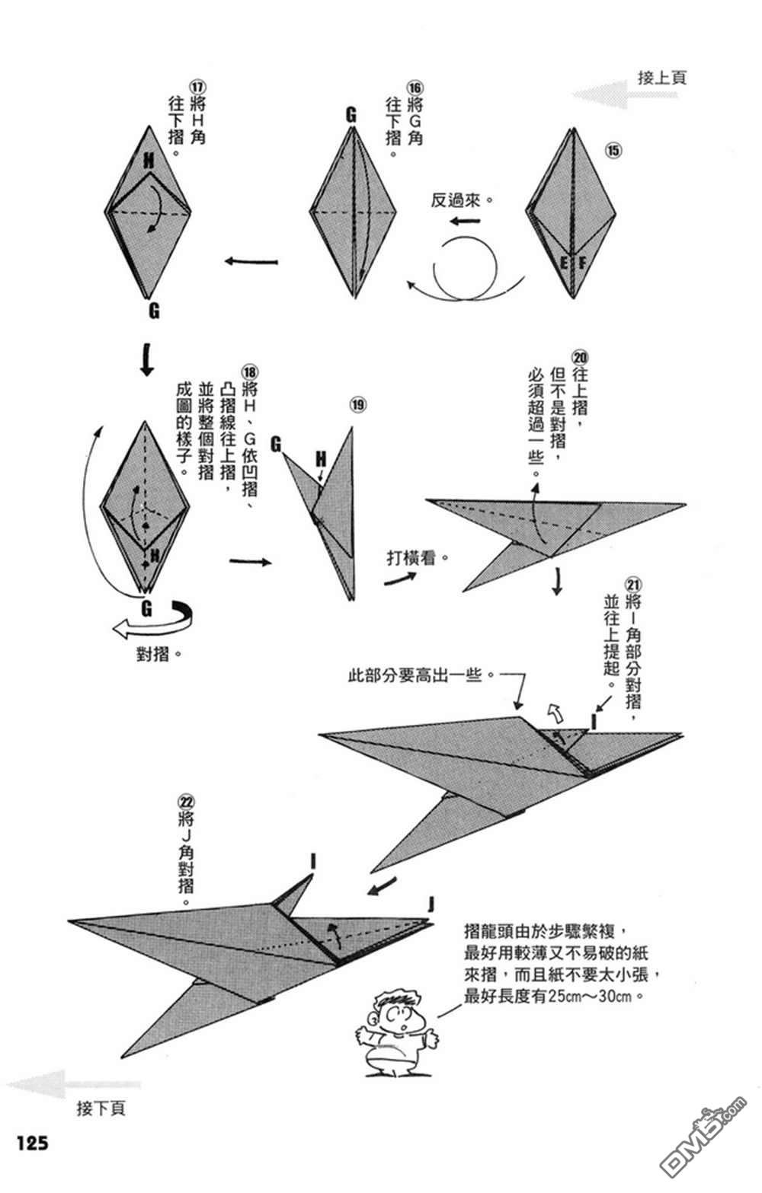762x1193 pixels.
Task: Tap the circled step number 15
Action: [x=613, y=151]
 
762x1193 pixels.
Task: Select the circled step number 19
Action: [x=358, y=404]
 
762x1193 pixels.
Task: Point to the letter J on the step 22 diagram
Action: [x=431, y=904]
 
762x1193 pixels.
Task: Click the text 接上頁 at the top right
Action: [x=661, y=77]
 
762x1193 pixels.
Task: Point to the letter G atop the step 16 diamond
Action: [x=351, y=115]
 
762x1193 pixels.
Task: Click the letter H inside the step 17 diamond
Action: [x=148, y=160]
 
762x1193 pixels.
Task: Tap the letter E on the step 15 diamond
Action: [x=564, y=264]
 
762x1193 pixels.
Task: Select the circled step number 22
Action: [x=186, y=802]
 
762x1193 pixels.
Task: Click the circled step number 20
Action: [x=580, y=358]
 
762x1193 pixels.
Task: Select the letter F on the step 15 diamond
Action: [x=582, y=264]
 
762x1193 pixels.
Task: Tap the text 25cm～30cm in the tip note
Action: [x=594, y=996]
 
